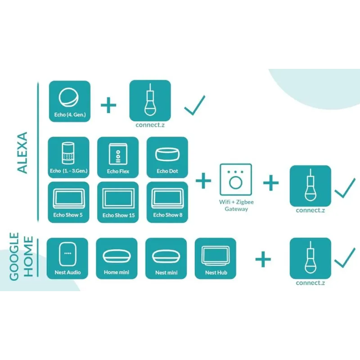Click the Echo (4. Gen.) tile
(69, 102)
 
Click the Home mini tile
(117, 258)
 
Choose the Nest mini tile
(166, 258)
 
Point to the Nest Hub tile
(216, 258)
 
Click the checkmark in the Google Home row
(345, 258)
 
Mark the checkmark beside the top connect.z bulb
(194, 105)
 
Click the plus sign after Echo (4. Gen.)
(108, 105)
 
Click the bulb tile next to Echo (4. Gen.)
(150, 101)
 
